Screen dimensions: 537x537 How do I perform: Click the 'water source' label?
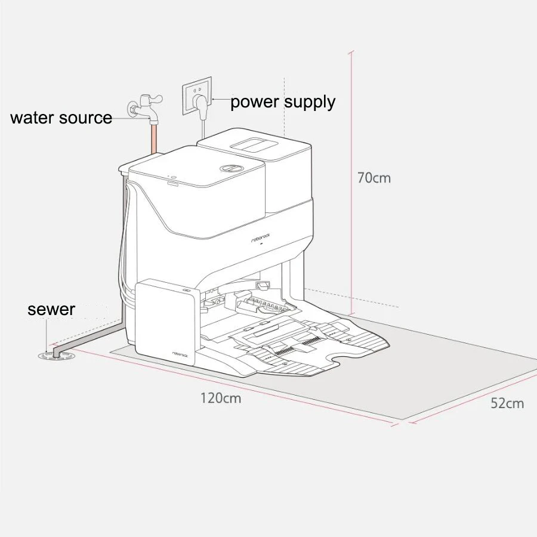click(x=61, y=118)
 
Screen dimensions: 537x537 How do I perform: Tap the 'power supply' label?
click(x=283, y=101)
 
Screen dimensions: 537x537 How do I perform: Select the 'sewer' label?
click(x=51, y=310)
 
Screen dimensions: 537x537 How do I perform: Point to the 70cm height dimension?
click(x=374, y=178)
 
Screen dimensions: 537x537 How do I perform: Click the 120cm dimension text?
click(x=221, y=398)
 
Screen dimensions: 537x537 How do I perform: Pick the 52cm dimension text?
click(x=507, y=403)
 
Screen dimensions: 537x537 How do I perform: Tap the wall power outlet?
click(x=197, y=94)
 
